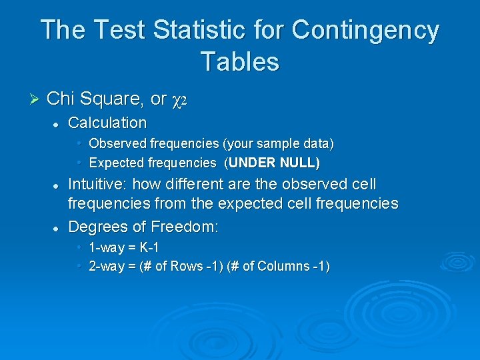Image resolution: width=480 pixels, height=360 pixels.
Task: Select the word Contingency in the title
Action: pyautogui.click(x=365, y=31)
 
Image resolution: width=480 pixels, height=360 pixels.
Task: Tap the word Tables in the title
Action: pyautogui.click(x=239, y=61)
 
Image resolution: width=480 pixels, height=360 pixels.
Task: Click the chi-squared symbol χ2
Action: pyautogui.click(x=182, y=100)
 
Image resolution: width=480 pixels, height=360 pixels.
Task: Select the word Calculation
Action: pyautogui.click(x=107, y=123)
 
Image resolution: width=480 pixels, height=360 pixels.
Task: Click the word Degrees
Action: pyautogui.click(x=97, y=227)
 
